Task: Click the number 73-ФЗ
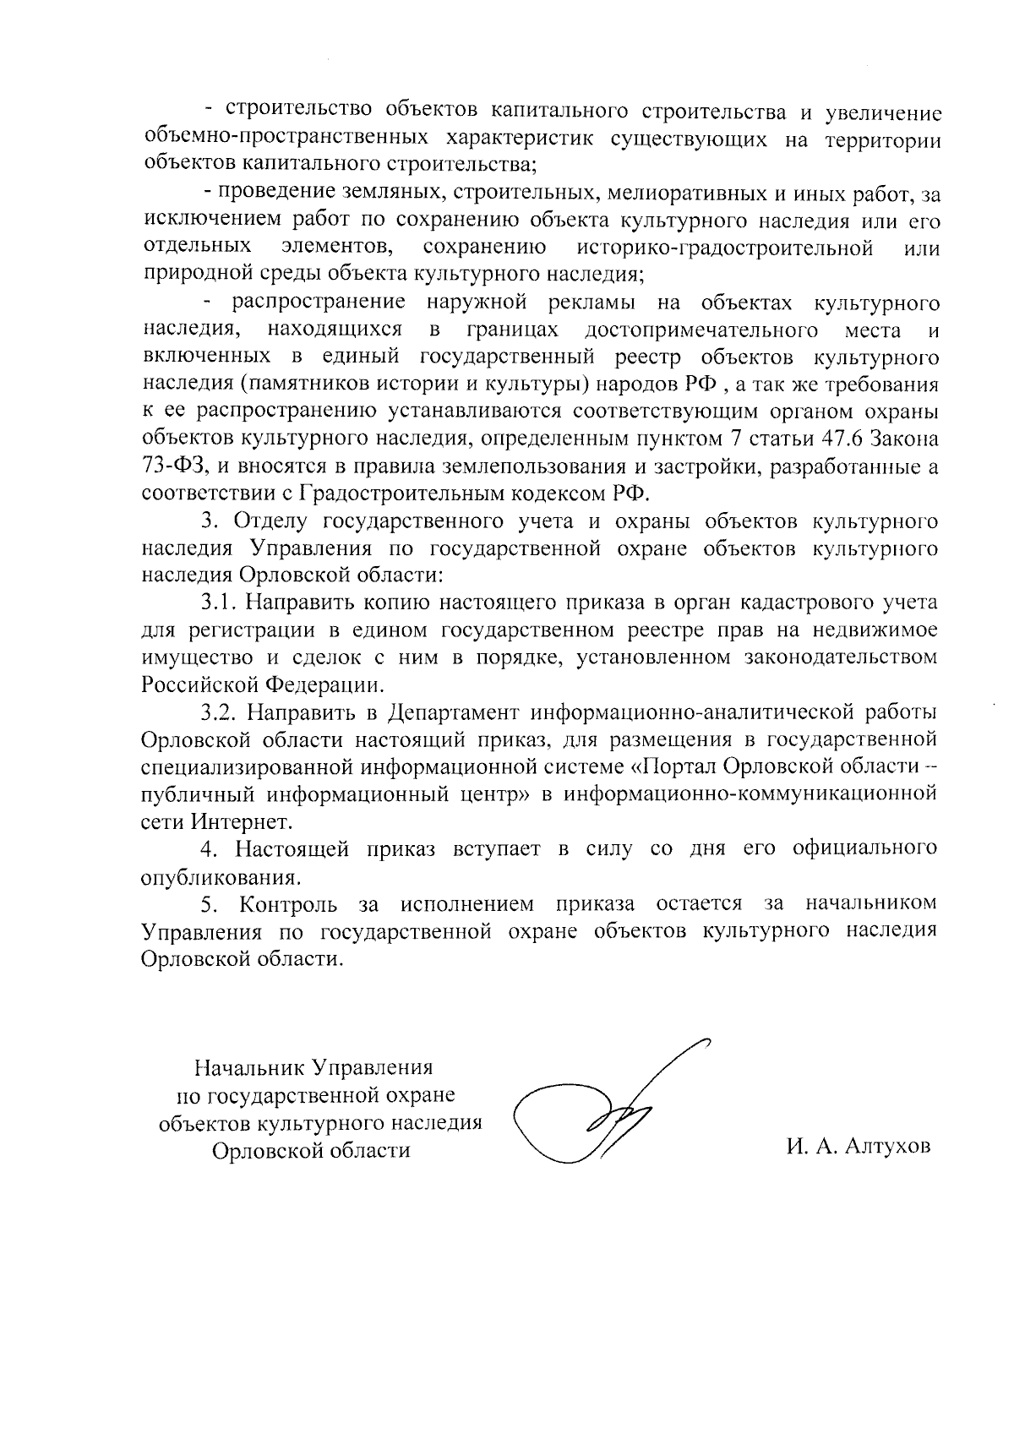[174, 465]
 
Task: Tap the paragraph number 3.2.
[221, 712]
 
